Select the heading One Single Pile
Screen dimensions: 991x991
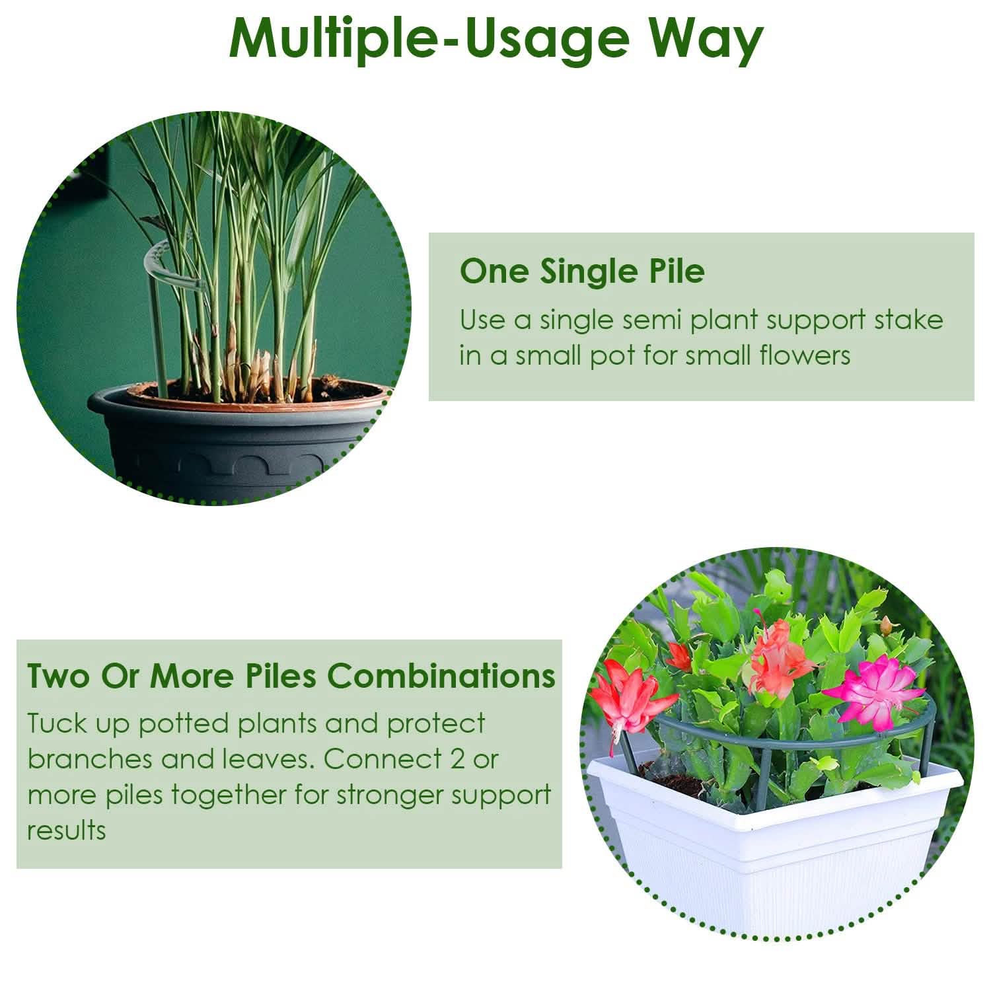click(x=582, y=271)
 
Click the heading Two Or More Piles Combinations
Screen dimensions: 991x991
click(x=291, y=675)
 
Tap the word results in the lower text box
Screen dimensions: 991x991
click(x=66, y=830)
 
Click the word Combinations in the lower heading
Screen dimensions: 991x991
click(x=442, y=675)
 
